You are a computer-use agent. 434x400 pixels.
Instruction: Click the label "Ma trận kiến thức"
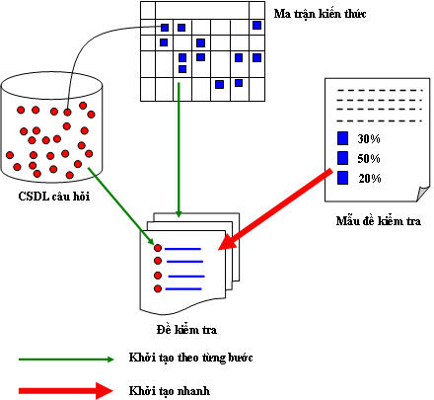pyautogui.click(x=320, y=14)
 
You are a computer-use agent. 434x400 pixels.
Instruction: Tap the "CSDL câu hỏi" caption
pyautogui.click(x=54, y=197)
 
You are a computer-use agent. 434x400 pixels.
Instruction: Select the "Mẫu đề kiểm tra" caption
pyautogui.click(x=379, y=221)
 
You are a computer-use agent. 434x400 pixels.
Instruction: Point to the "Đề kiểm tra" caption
pyautogui.click(x=186, y=330)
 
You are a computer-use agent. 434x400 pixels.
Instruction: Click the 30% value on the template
pyautogui.click(x=369, y=139)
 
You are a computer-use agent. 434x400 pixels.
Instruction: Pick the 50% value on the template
pyautogui.click(x=369, y=159)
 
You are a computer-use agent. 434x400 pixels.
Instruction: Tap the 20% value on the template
pyautogui.click(x=370, y=179)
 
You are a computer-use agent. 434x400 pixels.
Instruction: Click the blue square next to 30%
pyautogui.click(x=342, y=138)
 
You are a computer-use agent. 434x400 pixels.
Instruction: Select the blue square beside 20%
pyautogui.click(x=342, y=178)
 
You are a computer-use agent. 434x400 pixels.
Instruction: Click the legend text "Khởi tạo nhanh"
pyautogui.click(x=170, y=391)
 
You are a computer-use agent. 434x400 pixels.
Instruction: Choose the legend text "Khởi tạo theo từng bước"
pyautogui.click(x=190, y=358)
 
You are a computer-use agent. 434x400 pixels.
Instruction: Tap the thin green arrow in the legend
pyautogui.click(x=66, y=360)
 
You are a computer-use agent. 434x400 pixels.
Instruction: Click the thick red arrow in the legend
pyautogui.click(x=66, y=391)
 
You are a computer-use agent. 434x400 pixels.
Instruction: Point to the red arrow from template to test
pyautogui.click(x=275, y=210)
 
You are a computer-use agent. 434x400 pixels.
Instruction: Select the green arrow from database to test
pyautogui.click(x=121, y=205)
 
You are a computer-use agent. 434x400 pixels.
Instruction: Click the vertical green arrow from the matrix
pyautogui.click(x=179, y=150)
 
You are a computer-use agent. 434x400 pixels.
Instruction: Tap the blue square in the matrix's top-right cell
pyautogui.click(x=256, y=25)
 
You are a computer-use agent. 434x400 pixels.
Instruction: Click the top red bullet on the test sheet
pyautogui.click(x=158, y=248)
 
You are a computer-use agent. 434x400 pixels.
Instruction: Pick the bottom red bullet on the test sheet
pyautogui.click(x=158, y=288)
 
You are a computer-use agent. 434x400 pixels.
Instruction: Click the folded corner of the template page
pyautogui.click(x=422, y=194)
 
